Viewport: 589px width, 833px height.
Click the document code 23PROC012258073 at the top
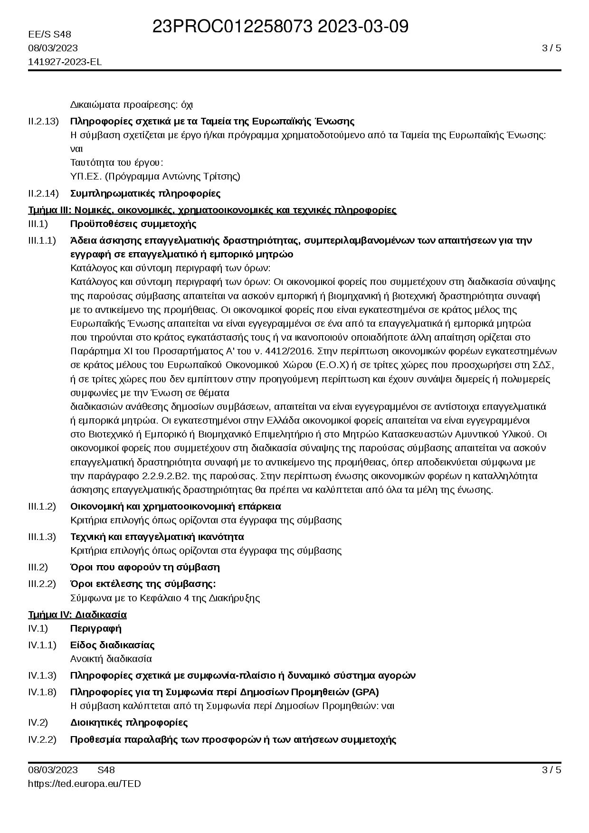[x=233, y=27]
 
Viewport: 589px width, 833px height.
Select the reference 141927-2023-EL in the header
[x=65, y=62]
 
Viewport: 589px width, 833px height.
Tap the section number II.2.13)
[x=43, y=121]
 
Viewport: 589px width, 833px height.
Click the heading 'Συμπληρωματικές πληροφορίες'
[x=145, y=193]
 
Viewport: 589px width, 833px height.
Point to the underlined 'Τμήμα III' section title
[x=212, y=210]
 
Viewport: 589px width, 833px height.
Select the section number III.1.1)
[x=42, y=240]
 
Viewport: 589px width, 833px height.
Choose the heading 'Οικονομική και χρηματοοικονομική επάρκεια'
[x=176, y=506]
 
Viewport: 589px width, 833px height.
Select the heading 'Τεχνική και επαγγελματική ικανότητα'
[x=157, y=537]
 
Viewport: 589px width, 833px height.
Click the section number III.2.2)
[x=42, y=584]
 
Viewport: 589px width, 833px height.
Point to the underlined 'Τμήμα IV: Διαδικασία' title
[x=77, y=615]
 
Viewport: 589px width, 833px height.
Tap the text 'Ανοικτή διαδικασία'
[x=111, y=659]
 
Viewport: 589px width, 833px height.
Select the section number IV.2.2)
[x=42, y=739]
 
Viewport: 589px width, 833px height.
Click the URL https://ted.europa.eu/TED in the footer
[x=85, y=784]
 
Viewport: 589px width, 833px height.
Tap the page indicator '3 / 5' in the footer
[x=551, y=770]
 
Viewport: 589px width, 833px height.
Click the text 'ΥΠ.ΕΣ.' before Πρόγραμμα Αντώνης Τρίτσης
[x=86, y=176]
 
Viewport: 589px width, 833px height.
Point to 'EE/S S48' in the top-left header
[x=49, y=34]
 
